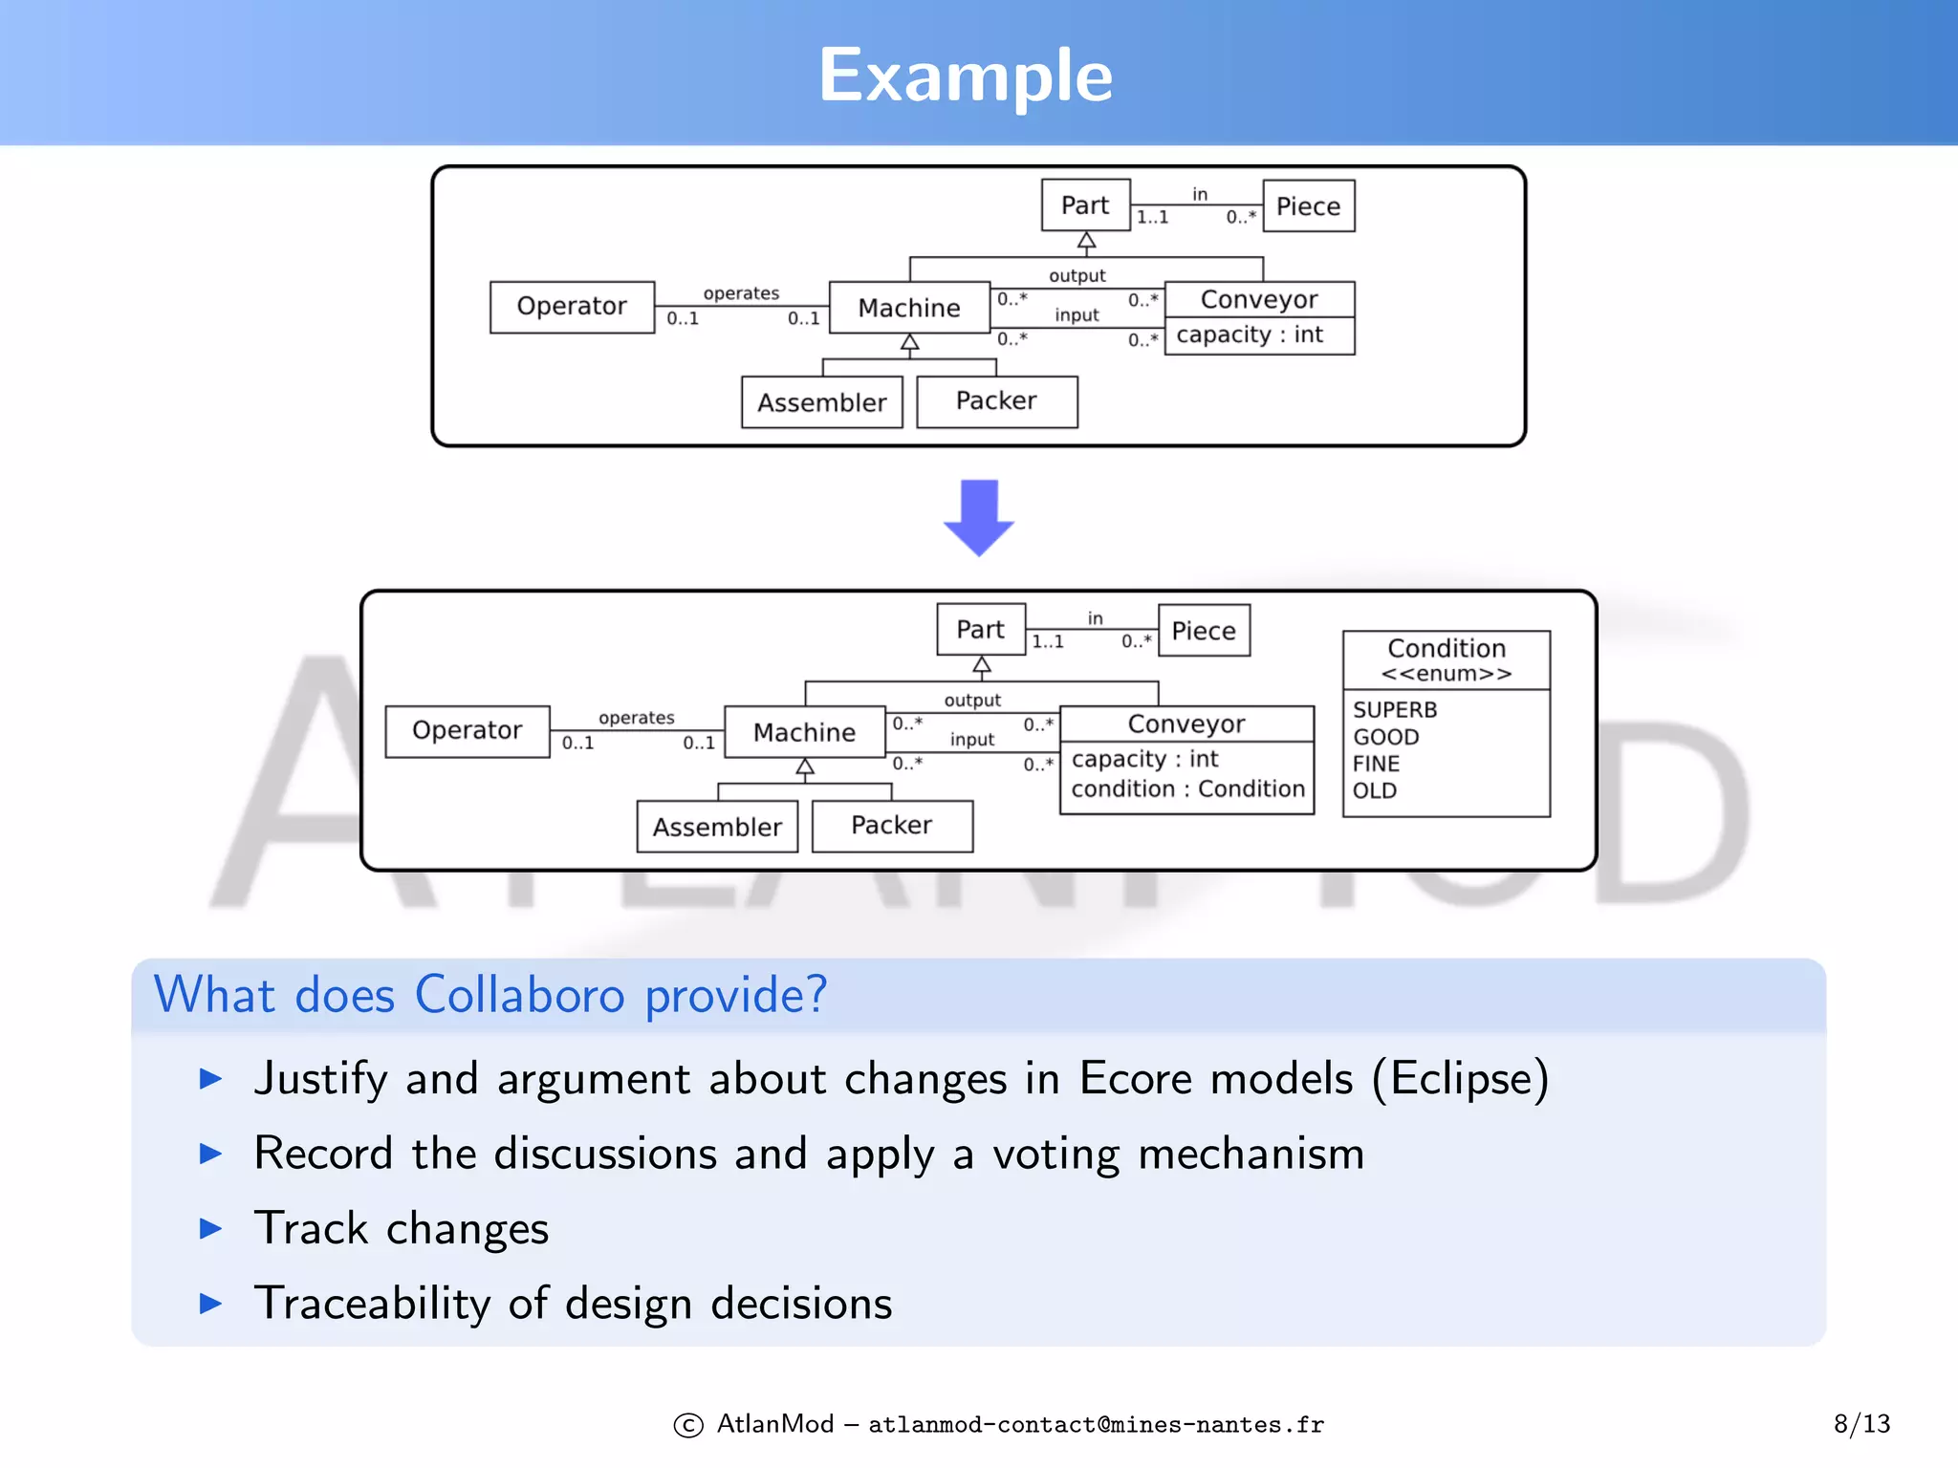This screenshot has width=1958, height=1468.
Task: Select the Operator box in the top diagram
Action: click(572, 307)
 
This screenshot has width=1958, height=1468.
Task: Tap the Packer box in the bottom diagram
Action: click(891, 826)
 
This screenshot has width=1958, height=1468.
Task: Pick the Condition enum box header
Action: click(1446, 658)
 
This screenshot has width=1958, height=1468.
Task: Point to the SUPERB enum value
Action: click(1395, 710)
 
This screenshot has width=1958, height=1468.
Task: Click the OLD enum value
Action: click(1375, 790)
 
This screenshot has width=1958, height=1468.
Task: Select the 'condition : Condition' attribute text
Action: click(1187, 788)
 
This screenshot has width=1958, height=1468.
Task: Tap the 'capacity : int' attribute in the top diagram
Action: click(1250, 335)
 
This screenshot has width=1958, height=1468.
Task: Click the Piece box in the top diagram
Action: click(1308, 206)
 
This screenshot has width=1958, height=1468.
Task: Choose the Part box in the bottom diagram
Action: click(980, 630)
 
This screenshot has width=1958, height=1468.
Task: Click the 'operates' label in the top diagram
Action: click(741, 293)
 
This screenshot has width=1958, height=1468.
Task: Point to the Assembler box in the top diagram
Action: click(821, 402)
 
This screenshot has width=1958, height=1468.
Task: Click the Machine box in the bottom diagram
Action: click(804, 732)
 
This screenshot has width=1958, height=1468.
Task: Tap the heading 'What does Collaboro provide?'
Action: click(490, 995)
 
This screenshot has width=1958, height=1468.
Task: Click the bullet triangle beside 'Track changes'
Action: click(210, 1228)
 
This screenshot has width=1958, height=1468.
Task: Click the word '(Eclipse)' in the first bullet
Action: click(1460, 1079)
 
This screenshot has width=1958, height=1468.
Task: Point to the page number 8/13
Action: click(1861, 1424)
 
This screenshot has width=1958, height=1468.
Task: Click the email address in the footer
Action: click(1096, 1425)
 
